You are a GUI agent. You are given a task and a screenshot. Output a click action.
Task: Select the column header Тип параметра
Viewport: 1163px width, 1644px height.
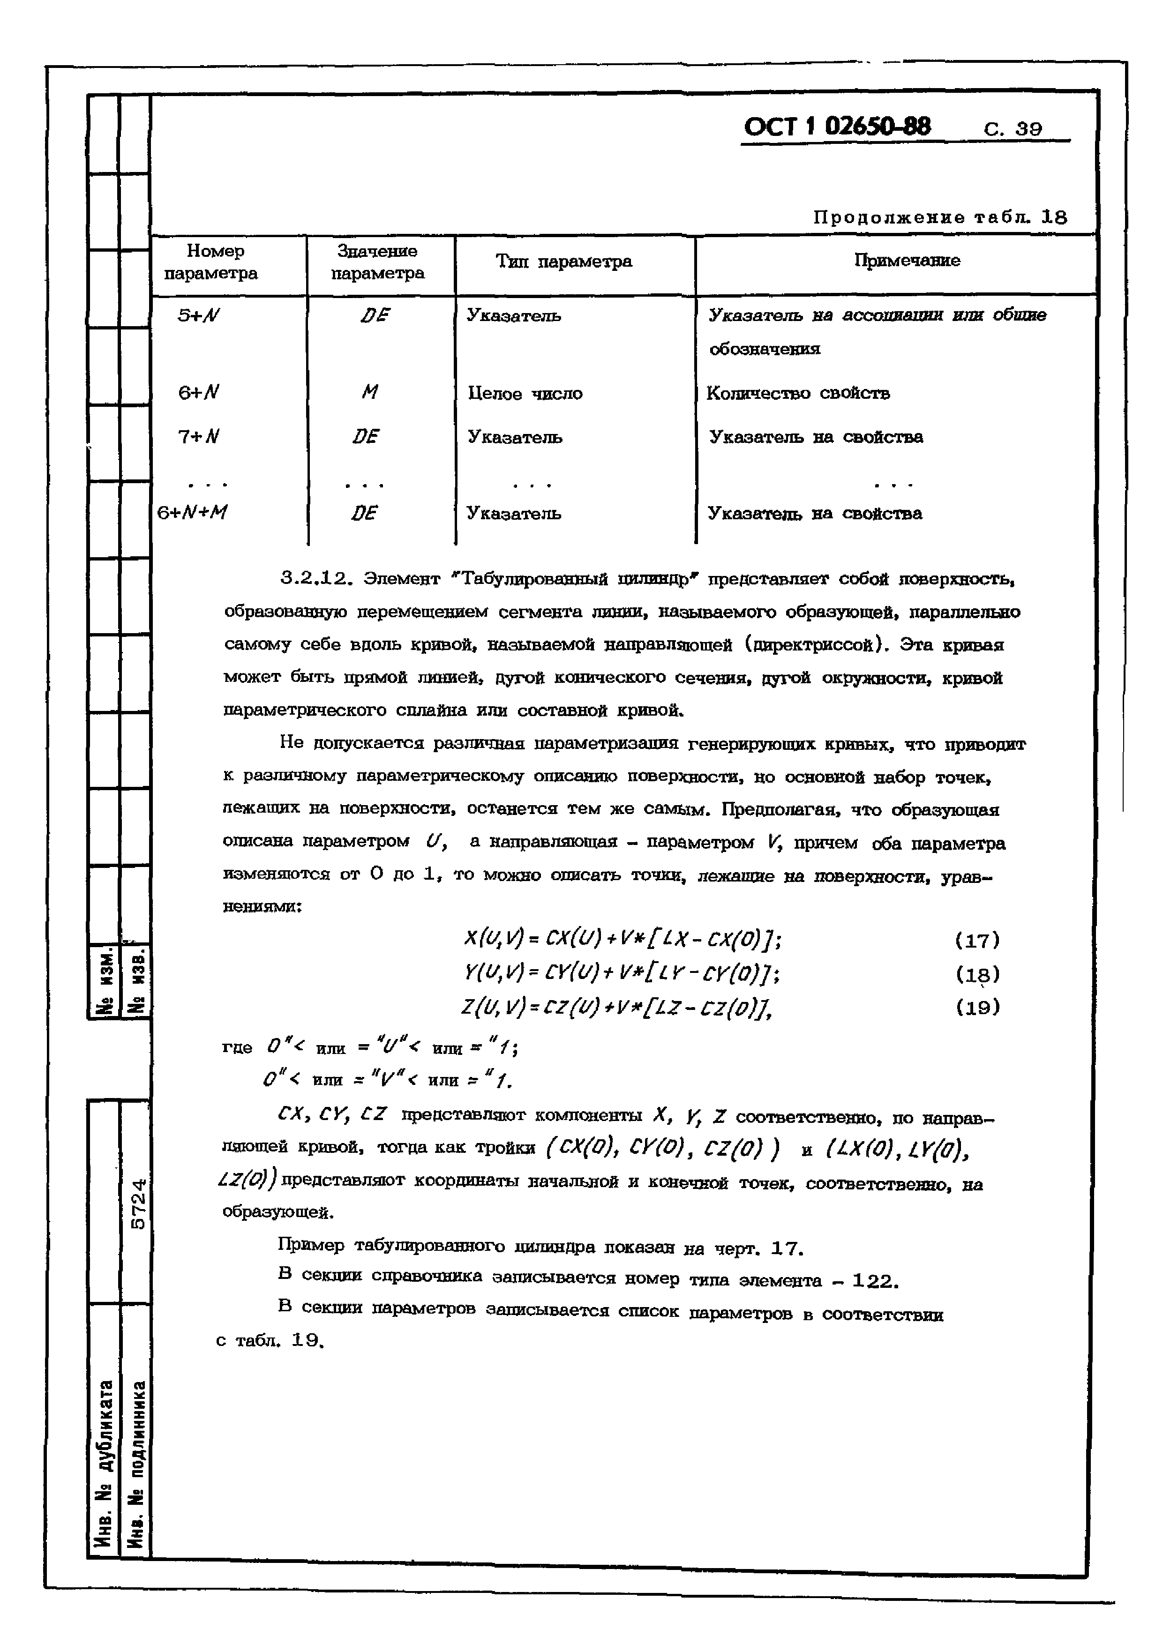coord(563,262)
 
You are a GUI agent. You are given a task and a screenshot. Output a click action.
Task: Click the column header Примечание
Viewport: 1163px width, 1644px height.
coord(907,261)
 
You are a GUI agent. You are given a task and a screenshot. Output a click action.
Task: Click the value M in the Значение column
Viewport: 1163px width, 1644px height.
coord(369,392)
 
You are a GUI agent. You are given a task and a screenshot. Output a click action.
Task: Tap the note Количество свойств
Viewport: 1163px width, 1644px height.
coord(798,393)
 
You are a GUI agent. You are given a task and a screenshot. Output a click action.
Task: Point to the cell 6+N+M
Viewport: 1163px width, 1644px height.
coord(192,513)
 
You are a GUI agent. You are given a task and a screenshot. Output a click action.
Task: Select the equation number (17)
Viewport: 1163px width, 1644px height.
coord(977,940)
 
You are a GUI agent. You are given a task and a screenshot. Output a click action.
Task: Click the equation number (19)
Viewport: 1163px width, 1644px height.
coord(977,1008)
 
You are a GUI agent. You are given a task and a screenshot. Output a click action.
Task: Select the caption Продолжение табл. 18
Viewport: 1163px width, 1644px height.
coord(939,217)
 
